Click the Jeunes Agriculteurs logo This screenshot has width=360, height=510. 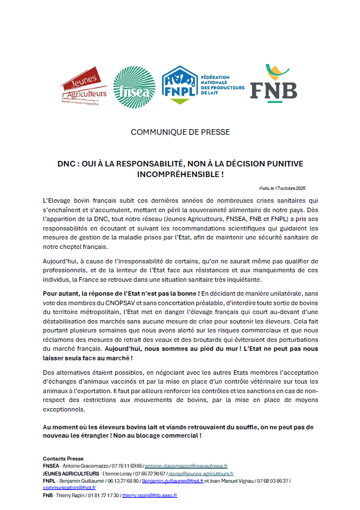[84, 86]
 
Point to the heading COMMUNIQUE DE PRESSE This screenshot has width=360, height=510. [180, 132]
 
